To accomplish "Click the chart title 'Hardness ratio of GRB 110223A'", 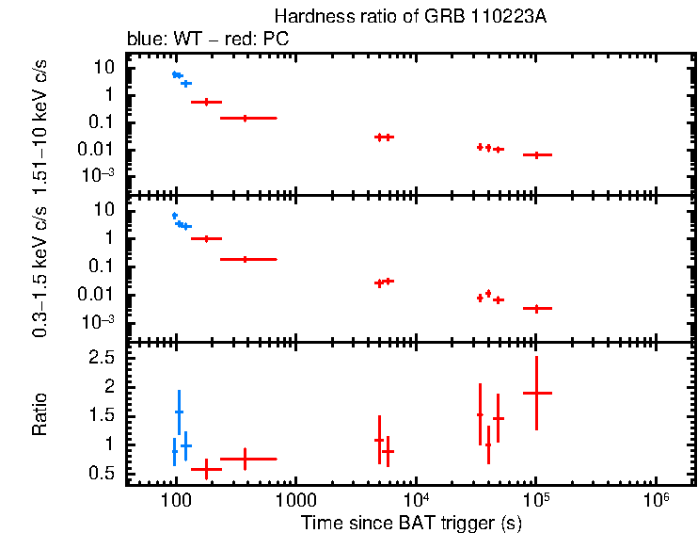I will coord(411,17).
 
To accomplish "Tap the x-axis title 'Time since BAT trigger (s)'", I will coord(411,522).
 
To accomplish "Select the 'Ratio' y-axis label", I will coord(40,414).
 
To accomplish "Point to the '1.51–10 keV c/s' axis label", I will coord(40,122).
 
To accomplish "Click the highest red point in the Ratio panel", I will coord(536,393).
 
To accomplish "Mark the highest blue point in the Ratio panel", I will coord(179,412).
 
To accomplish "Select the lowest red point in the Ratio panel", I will coord(206,468).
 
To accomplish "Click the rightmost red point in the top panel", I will coord(536,154).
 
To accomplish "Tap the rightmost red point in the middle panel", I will coord(536,308).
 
